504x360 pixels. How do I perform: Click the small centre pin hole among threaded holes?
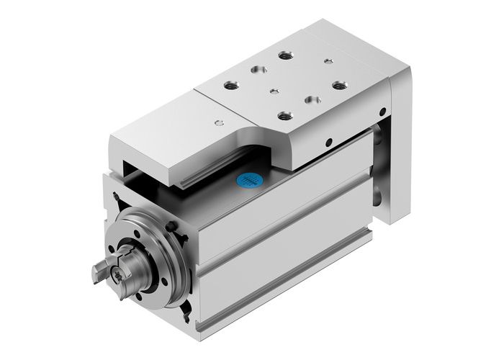click(274, 91)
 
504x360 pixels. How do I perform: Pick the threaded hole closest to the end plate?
click(338, 85)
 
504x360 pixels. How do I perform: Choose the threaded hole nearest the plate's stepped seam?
click(232, 85)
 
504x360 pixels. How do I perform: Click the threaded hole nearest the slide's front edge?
click(284, 113)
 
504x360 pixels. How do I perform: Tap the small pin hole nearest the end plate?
click(328, 61)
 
